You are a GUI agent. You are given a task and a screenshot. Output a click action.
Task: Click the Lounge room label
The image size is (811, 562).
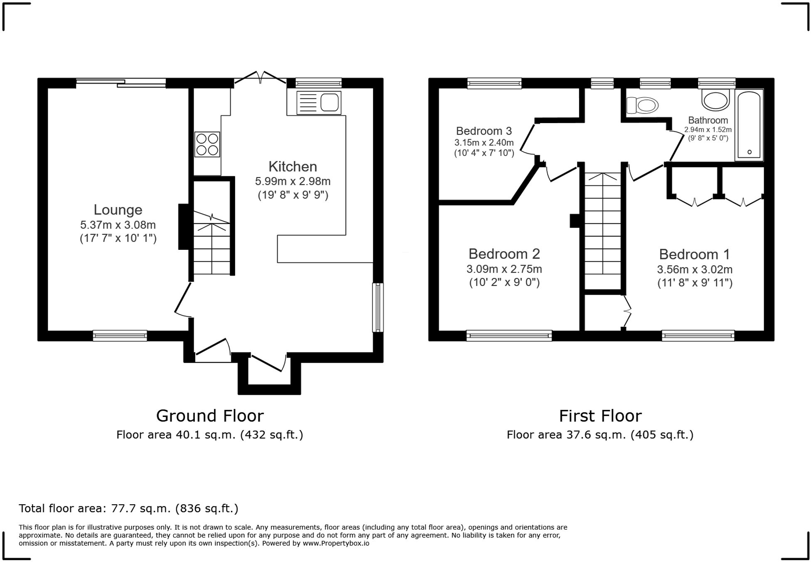click(x=118, y=210)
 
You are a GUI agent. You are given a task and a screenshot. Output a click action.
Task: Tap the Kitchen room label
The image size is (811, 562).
click(x=292, y=166)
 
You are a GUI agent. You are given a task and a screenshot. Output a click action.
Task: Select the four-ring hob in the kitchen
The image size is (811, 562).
click(x=207, y=144)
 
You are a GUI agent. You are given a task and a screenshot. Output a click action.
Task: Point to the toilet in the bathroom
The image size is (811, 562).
click(x=642, y=105)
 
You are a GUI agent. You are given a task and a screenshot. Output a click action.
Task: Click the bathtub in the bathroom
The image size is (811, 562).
click(x=749, y=125)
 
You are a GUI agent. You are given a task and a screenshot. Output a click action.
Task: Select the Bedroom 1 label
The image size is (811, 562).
click(x=694, y=254)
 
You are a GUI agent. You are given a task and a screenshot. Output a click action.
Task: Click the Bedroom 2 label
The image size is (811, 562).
click(x=504, y=254)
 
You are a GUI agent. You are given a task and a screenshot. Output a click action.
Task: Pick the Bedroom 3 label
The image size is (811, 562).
click(x=484, y=131)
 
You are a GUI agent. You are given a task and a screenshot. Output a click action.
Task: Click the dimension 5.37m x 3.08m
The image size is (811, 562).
click(x=118, y=225)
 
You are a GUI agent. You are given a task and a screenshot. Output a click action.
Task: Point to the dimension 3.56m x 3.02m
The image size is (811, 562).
click(x=694, y=269)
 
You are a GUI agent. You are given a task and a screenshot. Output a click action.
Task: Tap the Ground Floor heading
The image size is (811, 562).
click(x=210, y=416)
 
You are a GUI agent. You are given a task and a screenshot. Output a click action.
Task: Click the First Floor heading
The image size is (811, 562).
click(x=600, y=416)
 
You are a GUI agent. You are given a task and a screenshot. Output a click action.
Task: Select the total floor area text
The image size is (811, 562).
click(x=128, y=508)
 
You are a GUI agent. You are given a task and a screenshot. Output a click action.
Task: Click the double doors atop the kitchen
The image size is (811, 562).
click(x=260, y=78)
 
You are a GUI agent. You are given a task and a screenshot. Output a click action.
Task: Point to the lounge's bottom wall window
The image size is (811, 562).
click(x=120, y=335)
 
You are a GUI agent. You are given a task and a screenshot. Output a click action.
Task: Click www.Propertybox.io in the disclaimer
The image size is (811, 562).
click(x=336, y=543)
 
